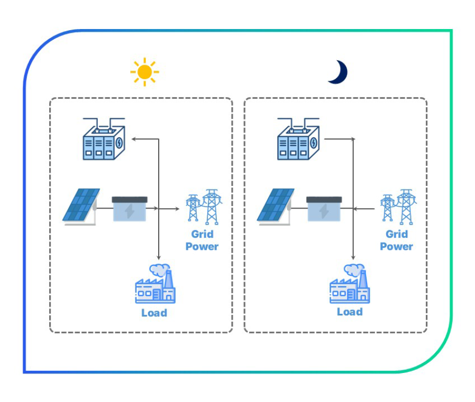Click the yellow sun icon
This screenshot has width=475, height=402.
point(144,72)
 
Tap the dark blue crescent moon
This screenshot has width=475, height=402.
point(337,72)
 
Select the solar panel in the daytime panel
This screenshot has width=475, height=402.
point(80,206)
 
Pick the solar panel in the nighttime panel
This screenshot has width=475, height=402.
point(275,206)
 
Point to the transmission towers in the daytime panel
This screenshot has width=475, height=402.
point(204,206)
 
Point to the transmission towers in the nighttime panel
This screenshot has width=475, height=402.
point(398,206)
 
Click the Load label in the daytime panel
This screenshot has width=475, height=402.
point(154,313)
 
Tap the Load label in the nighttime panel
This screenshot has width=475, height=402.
point(350,312)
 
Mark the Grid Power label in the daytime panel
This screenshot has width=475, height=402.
point(202,240)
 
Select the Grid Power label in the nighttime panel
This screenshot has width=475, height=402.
point(396,240)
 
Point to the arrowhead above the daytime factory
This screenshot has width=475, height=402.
point(158,257)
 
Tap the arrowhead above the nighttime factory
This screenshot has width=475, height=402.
point(353,257)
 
